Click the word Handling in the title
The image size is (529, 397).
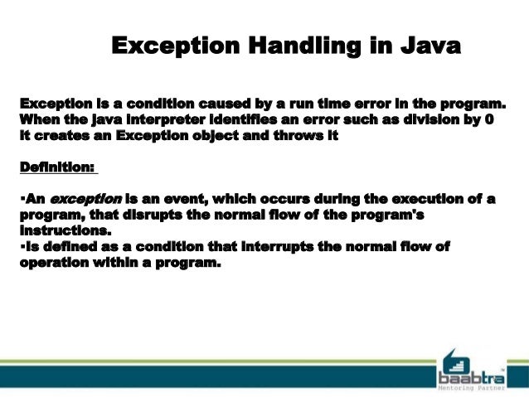click(x=284, y=45)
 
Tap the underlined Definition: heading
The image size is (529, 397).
click(x=56, y=167)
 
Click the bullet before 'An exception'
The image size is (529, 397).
click(x=21, y=200)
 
